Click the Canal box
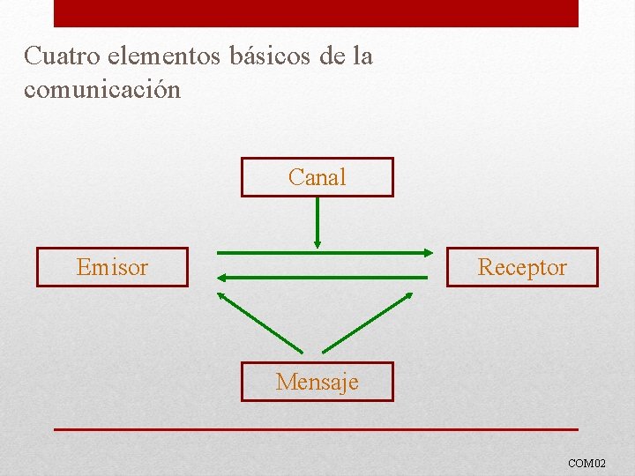[317, 177]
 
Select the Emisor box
[112, 267]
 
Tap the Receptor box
[522, 267]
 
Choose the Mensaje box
[317, 382]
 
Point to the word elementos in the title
[165, 56]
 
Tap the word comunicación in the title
[102, 89]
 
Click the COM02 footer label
[586, 463]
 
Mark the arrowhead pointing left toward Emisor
[221, 277]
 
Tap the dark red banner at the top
[316, 13]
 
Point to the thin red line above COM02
[316, 429]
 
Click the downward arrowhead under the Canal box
[317, 242]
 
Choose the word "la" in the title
[362, 56]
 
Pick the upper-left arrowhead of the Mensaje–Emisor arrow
[223, 297]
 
